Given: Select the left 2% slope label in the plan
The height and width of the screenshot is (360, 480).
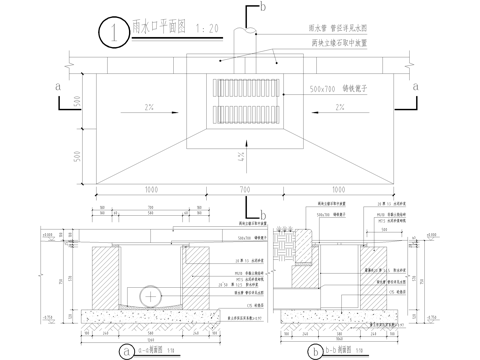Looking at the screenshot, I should [x=149, y=107].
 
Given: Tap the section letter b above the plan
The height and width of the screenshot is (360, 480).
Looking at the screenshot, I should [x=263, y=8].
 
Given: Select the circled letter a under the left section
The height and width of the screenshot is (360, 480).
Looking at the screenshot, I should [x=127, y=349].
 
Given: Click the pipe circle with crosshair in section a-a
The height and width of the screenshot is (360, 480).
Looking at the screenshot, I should [x=149, y=296].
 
